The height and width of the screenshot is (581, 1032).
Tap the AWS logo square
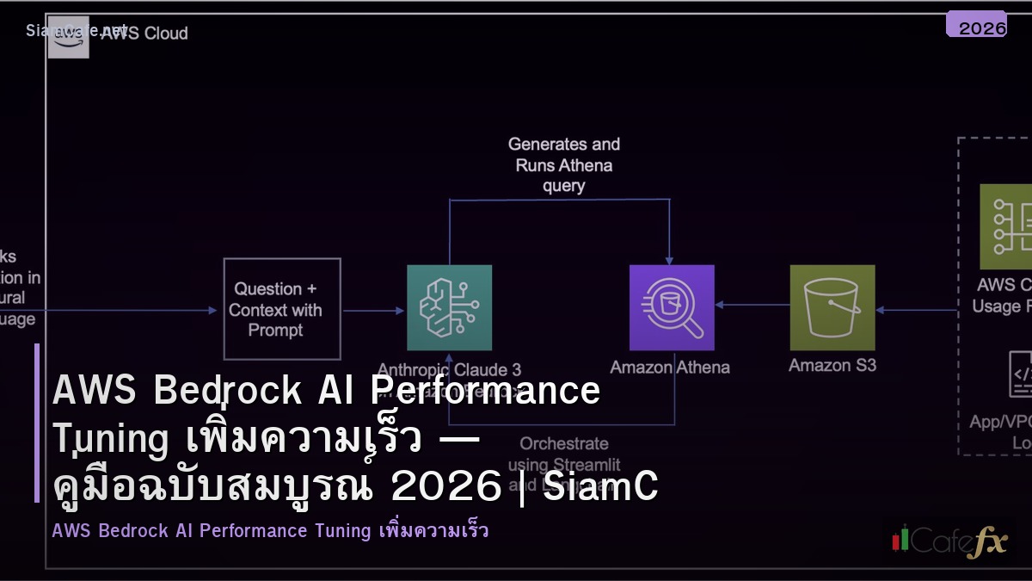coord(68,37)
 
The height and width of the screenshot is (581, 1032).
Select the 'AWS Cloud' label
coord(144,34)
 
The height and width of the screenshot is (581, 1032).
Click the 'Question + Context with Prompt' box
coord(282,309)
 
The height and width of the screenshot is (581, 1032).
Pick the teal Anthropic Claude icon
coord(449,307)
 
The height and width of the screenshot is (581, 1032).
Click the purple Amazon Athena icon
coord(672,307)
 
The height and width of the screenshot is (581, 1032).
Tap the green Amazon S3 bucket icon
coord(832,307)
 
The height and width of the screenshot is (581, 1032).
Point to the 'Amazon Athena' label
coord(670,368)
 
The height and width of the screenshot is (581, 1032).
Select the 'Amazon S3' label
coord(832,365)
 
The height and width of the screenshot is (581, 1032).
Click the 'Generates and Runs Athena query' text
coord(563,164)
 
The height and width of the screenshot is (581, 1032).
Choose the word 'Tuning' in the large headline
coord(110,439)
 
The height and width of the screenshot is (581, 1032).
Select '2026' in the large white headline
coord(445,487)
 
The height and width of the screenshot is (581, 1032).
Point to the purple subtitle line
coord(270,530)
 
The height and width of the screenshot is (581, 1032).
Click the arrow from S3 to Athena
coord(752,305)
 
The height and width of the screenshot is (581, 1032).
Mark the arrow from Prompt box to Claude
coord(373,311)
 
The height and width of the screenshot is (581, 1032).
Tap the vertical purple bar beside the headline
coord(37,422)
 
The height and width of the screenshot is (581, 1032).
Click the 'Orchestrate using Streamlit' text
coord(563,454)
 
